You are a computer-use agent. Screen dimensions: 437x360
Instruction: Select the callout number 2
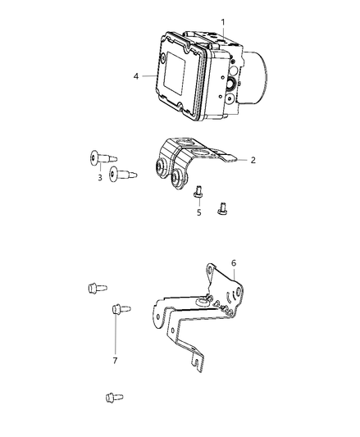[x=253, y=160]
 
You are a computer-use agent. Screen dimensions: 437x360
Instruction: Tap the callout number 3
[x=101, y=178]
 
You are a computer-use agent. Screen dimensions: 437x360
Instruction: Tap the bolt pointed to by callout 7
[x=117, y=309]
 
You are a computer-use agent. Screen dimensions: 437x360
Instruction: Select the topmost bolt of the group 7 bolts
[x=93, y=287]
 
